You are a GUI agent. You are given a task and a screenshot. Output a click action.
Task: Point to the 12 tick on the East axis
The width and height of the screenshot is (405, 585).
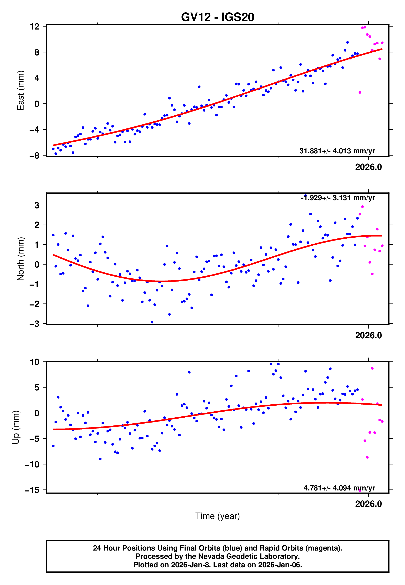tap(34, 26)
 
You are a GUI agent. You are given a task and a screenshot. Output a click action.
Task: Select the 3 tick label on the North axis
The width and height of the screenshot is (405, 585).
tap(37, 205)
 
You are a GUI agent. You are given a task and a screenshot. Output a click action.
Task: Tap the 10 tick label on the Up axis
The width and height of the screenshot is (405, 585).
tap(34, 362)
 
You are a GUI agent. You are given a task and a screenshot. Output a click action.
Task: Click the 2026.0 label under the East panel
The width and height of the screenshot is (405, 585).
tap(368, 167)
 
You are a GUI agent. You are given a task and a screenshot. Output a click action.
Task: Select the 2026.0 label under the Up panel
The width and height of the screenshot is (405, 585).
tap(368, 504)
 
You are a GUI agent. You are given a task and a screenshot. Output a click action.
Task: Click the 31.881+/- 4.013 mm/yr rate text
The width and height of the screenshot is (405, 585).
tap(337, 151)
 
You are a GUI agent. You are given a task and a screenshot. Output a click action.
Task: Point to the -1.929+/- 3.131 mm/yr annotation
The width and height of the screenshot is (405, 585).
tap(338, 198)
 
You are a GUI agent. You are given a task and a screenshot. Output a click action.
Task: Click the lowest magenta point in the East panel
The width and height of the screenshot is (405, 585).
tap(360, 93)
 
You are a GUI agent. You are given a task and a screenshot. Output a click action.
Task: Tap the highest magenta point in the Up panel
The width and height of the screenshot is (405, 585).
tap(372, 368)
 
